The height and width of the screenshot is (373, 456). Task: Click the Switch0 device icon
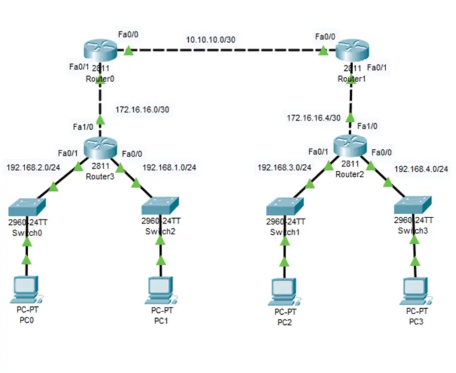[27, 206]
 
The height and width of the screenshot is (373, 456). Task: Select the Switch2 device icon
[160, 206]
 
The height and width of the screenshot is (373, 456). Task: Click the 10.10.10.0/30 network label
[211, 39]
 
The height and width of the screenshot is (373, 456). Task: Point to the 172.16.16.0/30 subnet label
[142, 110]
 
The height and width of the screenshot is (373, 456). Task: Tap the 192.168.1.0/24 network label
[169, 168]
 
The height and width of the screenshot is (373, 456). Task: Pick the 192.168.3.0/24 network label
[284, 168]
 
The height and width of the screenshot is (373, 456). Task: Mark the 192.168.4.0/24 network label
[421, 169]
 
